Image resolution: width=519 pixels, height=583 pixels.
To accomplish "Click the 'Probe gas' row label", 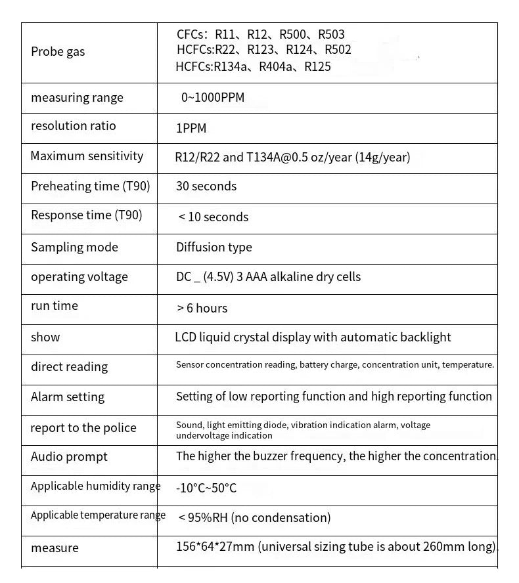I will click(x=58, y=52).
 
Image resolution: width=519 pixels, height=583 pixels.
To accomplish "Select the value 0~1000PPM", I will click(x=212, y=98).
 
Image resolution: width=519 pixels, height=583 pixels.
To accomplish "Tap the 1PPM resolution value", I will click(x=191, y=129).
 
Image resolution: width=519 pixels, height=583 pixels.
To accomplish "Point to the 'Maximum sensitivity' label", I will click(x=87, y=156).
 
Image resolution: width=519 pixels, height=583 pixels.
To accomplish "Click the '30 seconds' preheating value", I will click(x=206, y=186).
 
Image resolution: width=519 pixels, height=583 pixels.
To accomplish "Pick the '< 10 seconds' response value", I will click(x=213, y=217).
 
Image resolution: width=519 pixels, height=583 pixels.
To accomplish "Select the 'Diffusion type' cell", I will click(x=214, y=248).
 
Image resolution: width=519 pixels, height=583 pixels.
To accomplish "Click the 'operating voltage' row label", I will click(x=79, y=277).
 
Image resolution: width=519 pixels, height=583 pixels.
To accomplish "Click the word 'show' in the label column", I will click(x=45, y=337).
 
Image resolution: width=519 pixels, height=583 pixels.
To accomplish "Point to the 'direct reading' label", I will click(x=69, y=367).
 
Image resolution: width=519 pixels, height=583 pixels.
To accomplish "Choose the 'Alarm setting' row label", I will click(x=68, y=397).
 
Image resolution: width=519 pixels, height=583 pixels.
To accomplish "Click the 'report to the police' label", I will click(x=83, y=428).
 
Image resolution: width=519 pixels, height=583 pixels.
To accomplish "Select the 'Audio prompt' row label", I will click(x=69, y=457).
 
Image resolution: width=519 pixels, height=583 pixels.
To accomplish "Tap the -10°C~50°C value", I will click(x=206, y=488).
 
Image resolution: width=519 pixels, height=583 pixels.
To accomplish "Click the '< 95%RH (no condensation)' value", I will click(x=254, y=518).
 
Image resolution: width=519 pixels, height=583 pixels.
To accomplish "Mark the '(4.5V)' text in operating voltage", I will click(x=215, y=277).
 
